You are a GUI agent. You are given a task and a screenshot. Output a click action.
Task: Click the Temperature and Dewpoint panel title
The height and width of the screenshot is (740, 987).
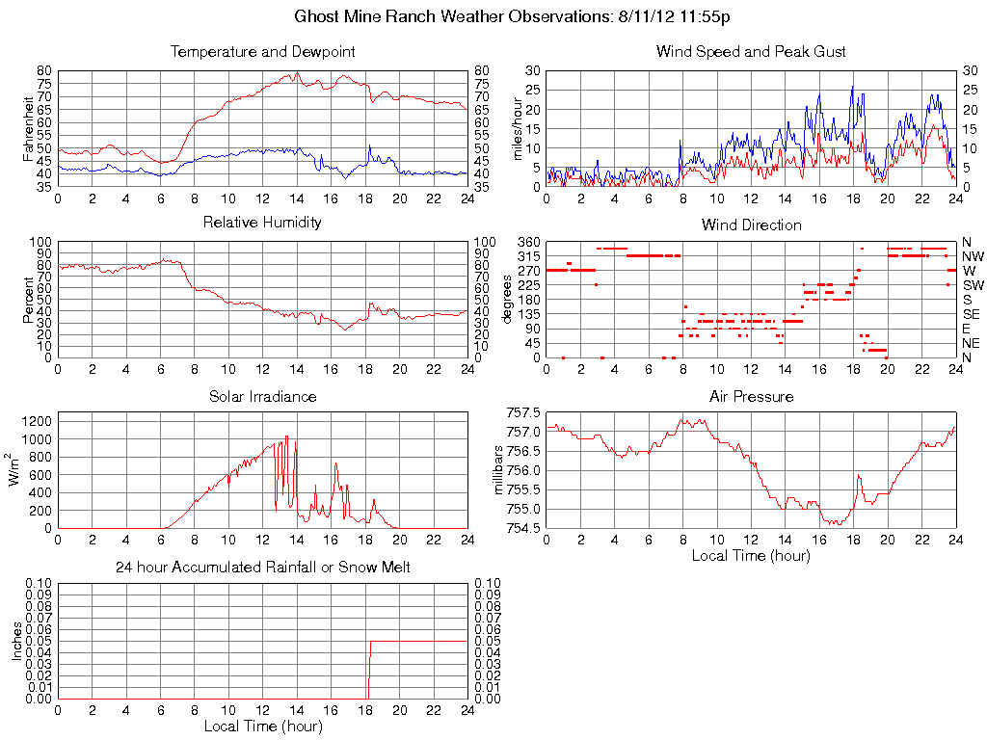pos(262,51)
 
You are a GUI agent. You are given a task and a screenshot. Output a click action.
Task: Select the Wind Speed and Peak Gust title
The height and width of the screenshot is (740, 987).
pos(751,51)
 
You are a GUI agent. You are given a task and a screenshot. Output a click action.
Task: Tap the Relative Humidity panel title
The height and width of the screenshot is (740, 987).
pos(262,223)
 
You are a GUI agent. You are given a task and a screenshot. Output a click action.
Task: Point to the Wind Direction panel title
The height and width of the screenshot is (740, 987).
pos(751,225)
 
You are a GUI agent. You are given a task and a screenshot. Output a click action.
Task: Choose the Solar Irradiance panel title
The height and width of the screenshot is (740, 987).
pos(262,396)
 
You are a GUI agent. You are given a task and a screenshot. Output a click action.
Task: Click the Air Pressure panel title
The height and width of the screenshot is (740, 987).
pos(751,396)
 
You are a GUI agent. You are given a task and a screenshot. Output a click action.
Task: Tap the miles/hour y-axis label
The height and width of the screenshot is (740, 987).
pos(517,128)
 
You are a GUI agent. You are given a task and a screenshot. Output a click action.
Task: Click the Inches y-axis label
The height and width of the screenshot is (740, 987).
pos(16,641)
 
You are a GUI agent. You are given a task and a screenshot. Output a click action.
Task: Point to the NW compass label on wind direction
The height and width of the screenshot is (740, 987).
pos(972,256)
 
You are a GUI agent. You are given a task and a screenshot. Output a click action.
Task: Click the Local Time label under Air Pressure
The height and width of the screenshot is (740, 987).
pos(751,555)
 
